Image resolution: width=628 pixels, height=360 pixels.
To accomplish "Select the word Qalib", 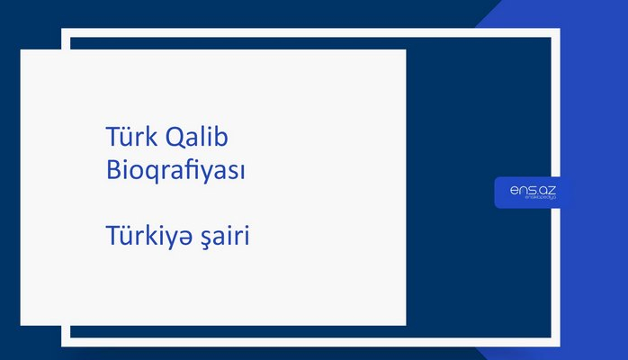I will [x=198, y=139].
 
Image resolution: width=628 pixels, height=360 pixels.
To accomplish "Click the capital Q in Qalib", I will [x=175, y=139].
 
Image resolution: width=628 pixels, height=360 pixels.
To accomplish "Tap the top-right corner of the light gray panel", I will [x=405, y=50].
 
